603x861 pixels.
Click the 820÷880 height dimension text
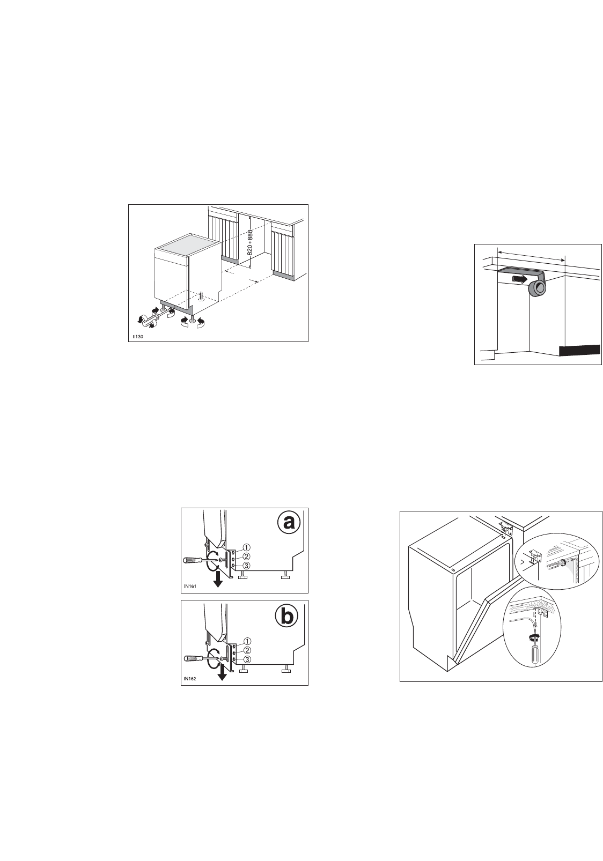pyautogui.click(x=249, y=242)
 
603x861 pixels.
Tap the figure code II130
pyautogui.click(x=138, y=336)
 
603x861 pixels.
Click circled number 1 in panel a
pyautogui.click(x=246, y=547)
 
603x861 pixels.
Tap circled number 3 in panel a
pyautogui.click(x=246, y=566)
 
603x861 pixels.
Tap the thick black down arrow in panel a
pyautogui.click(x=218, y=579)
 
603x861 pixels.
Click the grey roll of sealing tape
pyautogui.click(x=537, y=287)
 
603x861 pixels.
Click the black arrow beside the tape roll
pyautogui.click(x=519, y=279)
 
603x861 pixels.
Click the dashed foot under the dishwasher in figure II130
pyautogui.click(x=201, y=296)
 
